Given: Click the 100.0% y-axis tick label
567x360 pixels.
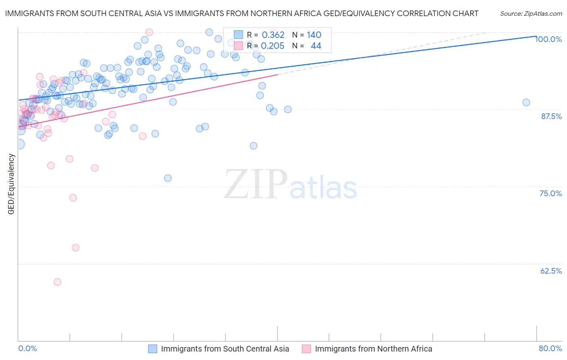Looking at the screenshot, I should tap(548, 39).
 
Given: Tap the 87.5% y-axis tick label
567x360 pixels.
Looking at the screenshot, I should tap(551, 116).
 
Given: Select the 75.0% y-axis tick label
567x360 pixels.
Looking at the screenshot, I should tap(550, 193).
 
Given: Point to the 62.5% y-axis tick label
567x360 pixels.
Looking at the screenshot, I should tap(551, 271).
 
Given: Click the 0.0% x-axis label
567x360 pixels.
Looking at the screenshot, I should tap(27, 348).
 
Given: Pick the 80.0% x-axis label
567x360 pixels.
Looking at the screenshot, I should tap(550, 348).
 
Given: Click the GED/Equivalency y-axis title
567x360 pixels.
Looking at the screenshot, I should tap(11, 184).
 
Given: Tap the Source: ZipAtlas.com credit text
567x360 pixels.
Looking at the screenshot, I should tap(531, 14).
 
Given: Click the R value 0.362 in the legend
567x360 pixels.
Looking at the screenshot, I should tap(273, 35).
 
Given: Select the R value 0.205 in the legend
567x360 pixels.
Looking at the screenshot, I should tap(273, 46).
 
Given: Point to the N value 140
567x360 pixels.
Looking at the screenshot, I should tap(314, 35).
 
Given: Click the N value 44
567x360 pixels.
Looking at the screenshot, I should tap(316, 46).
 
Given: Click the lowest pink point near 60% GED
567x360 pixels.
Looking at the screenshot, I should tap(57, 282).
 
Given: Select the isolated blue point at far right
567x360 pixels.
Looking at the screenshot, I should tap(526, 103).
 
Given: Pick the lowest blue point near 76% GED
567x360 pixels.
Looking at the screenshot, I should tap(168, 178).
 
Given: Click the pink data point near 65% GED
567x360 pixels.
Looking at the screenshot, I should tap(75, 248).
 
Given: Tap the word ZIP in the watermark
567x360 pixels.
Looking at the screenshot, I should tap(255, 184).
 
